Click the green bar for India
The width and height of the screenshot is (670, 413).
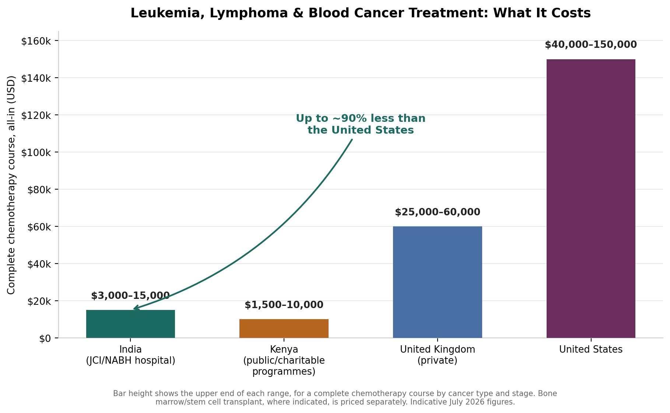pyautogui.click(x=130, y=324)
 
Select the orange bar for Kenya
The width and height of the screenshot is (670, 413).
pyautogui.click(x=284, y=328)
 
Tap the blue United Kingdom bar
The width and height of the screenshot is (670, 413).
pyautogui.click(x=438, y=282)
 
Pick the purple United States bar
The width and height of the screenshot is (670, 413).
pyautogui.click(x=591, y=198)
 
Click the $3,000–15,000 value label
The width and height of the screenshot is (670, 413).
pyautogui.click(x=130, y=296)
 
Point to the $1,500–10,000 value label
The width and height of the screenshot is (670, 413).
pyautogui.click(x=284, y=305)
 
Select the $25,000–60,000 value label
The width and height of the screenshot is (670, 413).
pyautogui.click(x=438, y=212)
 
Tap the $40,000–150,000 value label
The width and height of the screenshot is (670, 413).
pyautogui.click(x=591, y=45)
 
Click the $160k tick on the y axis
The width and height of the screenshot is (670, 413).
pyautogui.click(x=36, y=41)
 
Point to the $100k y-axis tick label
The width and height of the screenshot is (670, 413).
pyautogui.click(x=36, y=152)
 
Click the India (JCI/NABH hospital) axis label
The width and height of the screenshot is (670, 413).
pyautogui.click(x=130, y=355)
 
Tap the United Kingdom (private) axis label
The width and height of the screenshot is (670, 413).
pyautogui.click(x=438, y=355)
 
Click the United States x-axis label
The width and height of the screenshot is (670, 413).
pyautogui.click(x=591, y=349)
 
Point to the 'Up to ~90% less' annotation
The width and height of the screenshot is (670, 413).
pyautogui.click(x=361, y=124)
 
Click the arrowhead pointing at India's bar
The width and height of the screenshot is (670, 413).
pyautogui.click(x=136, y=308)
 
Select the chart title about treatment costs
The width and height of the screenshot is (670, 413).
pyautogui.click(x=361, y=13)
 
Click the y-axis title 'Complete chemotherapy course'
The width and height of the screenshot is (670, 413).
pyautogui.click(x=11, y=185)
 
